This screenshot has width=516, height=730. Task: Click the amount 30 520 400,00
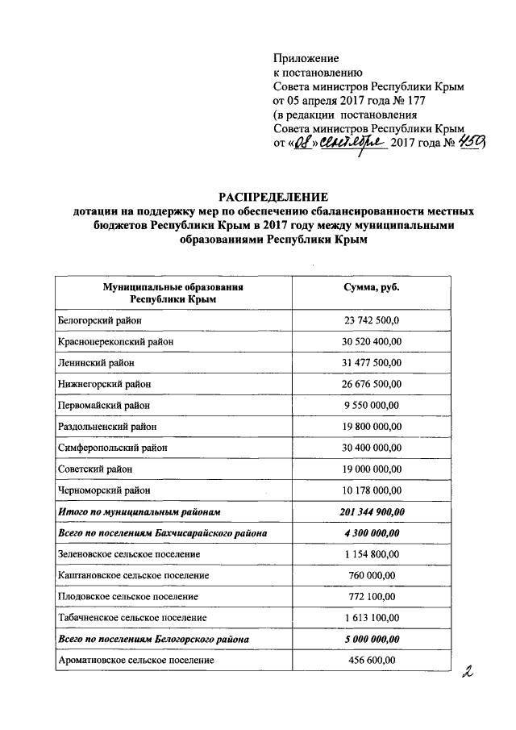click(371, 341)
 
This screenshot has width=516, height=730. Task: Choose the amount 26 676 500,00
click(371, 384)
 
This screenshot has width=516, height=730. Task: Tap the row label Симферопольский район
click(110, 448)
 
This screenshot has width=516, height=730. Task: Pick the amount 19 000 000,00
click(371, 469)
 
